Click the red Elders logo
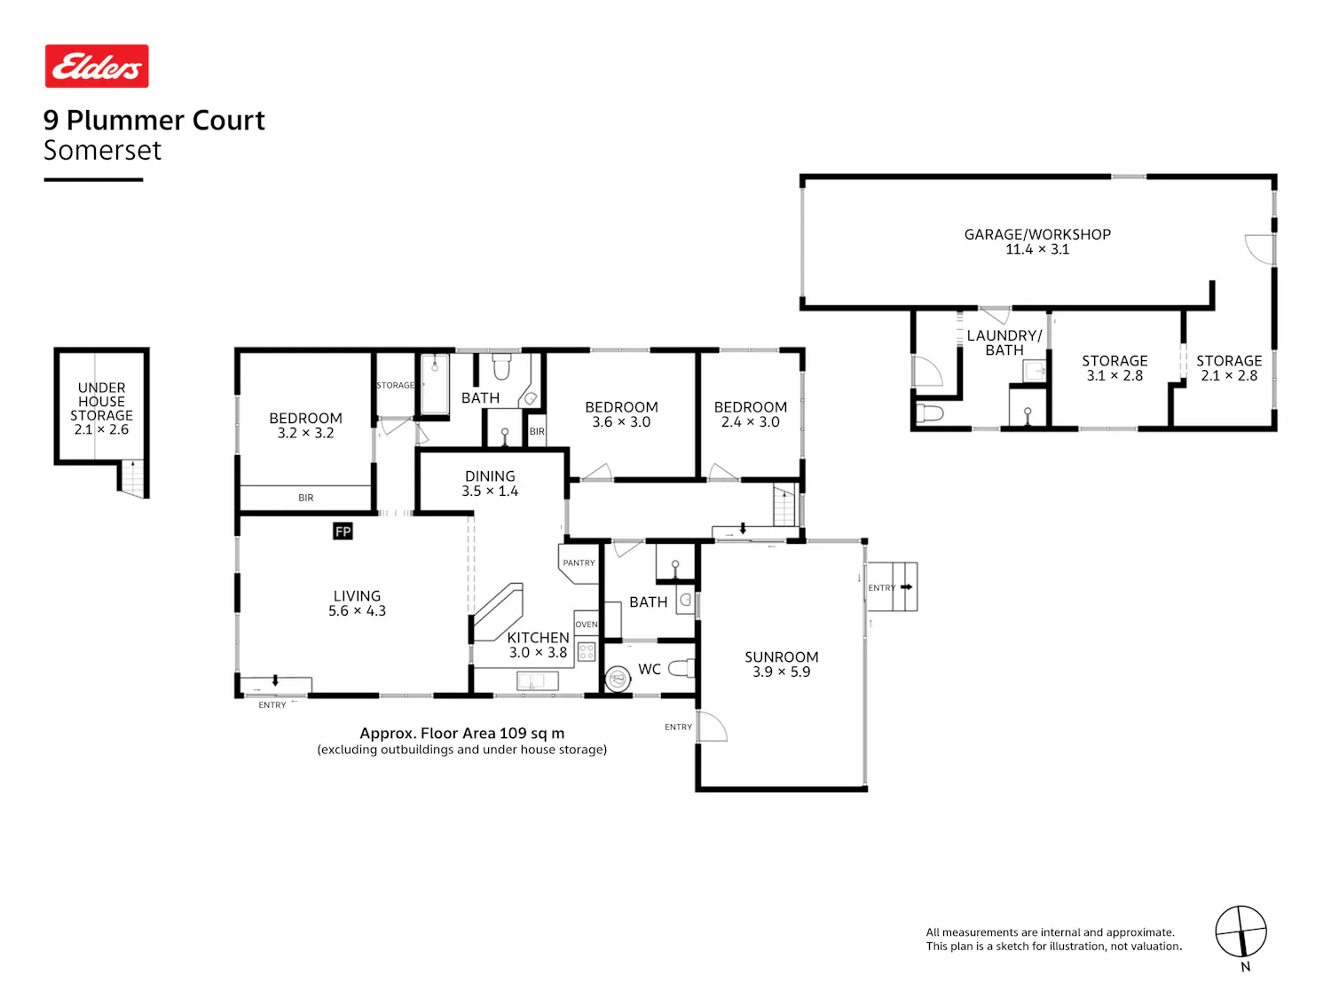(x=97, y=66)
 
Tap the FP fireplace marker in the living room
(x=343, y=531)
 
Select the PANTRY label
(x=579, y=563)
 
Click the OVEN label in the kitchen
(x=587, y=625)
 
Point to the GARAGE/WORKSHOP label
(x=1037, y=234)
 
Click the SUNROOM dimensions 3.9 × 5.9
(x=782, y=672)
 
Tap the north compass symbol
(x=1240, y=931)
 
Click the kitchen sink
(x=537, y=681)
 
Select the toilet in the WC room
(x=681, y=668)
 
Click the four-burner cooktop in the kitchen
(x=587, y=652)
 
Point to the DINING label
(x=490, y=476)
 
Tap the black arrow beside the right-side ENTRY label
(x=907, y=587)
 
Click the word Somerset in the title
(x=102, y=150)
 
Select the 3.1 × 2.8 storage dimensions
(x=1114, y=375)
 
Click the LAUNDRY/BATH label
(x=1004, y=343)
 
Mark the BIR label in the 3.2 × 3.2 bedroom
(x=305, y=498)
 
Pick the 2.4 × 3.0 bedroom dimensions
(x=751, y=422)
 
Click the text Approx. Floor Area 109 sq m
(x=462, y=734)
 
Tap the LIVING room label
(x=358, y=596)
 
